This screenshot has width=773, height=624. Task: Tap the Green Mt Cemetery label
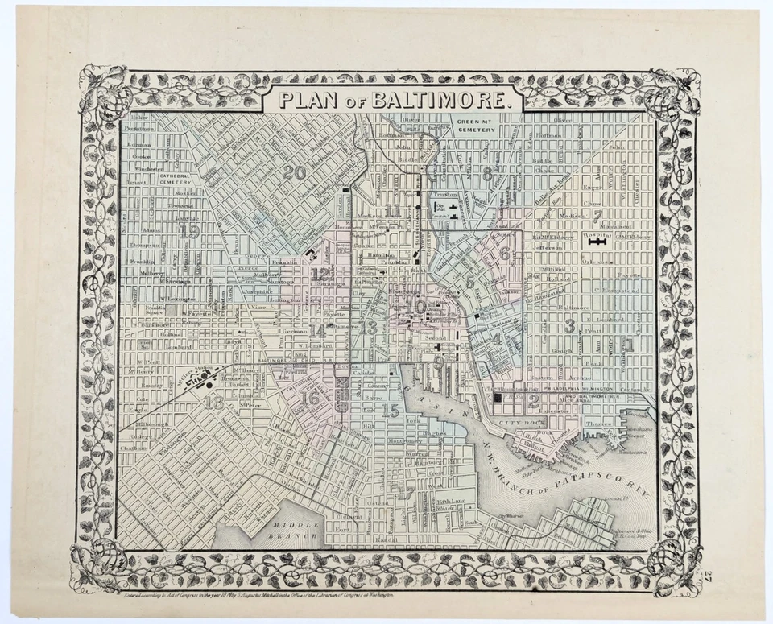pos(476,126)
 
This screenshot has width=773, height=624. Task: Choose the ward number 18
pos(213,403)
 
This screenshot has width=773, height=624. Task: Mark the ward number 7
pos(597,216)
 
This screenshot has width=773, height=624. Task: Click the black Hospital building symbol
pos(597,240)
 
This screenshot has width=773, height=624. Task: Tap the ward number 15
pos(391,411)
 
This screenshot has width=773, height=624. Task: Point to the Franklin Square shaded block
pos(172,308)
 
